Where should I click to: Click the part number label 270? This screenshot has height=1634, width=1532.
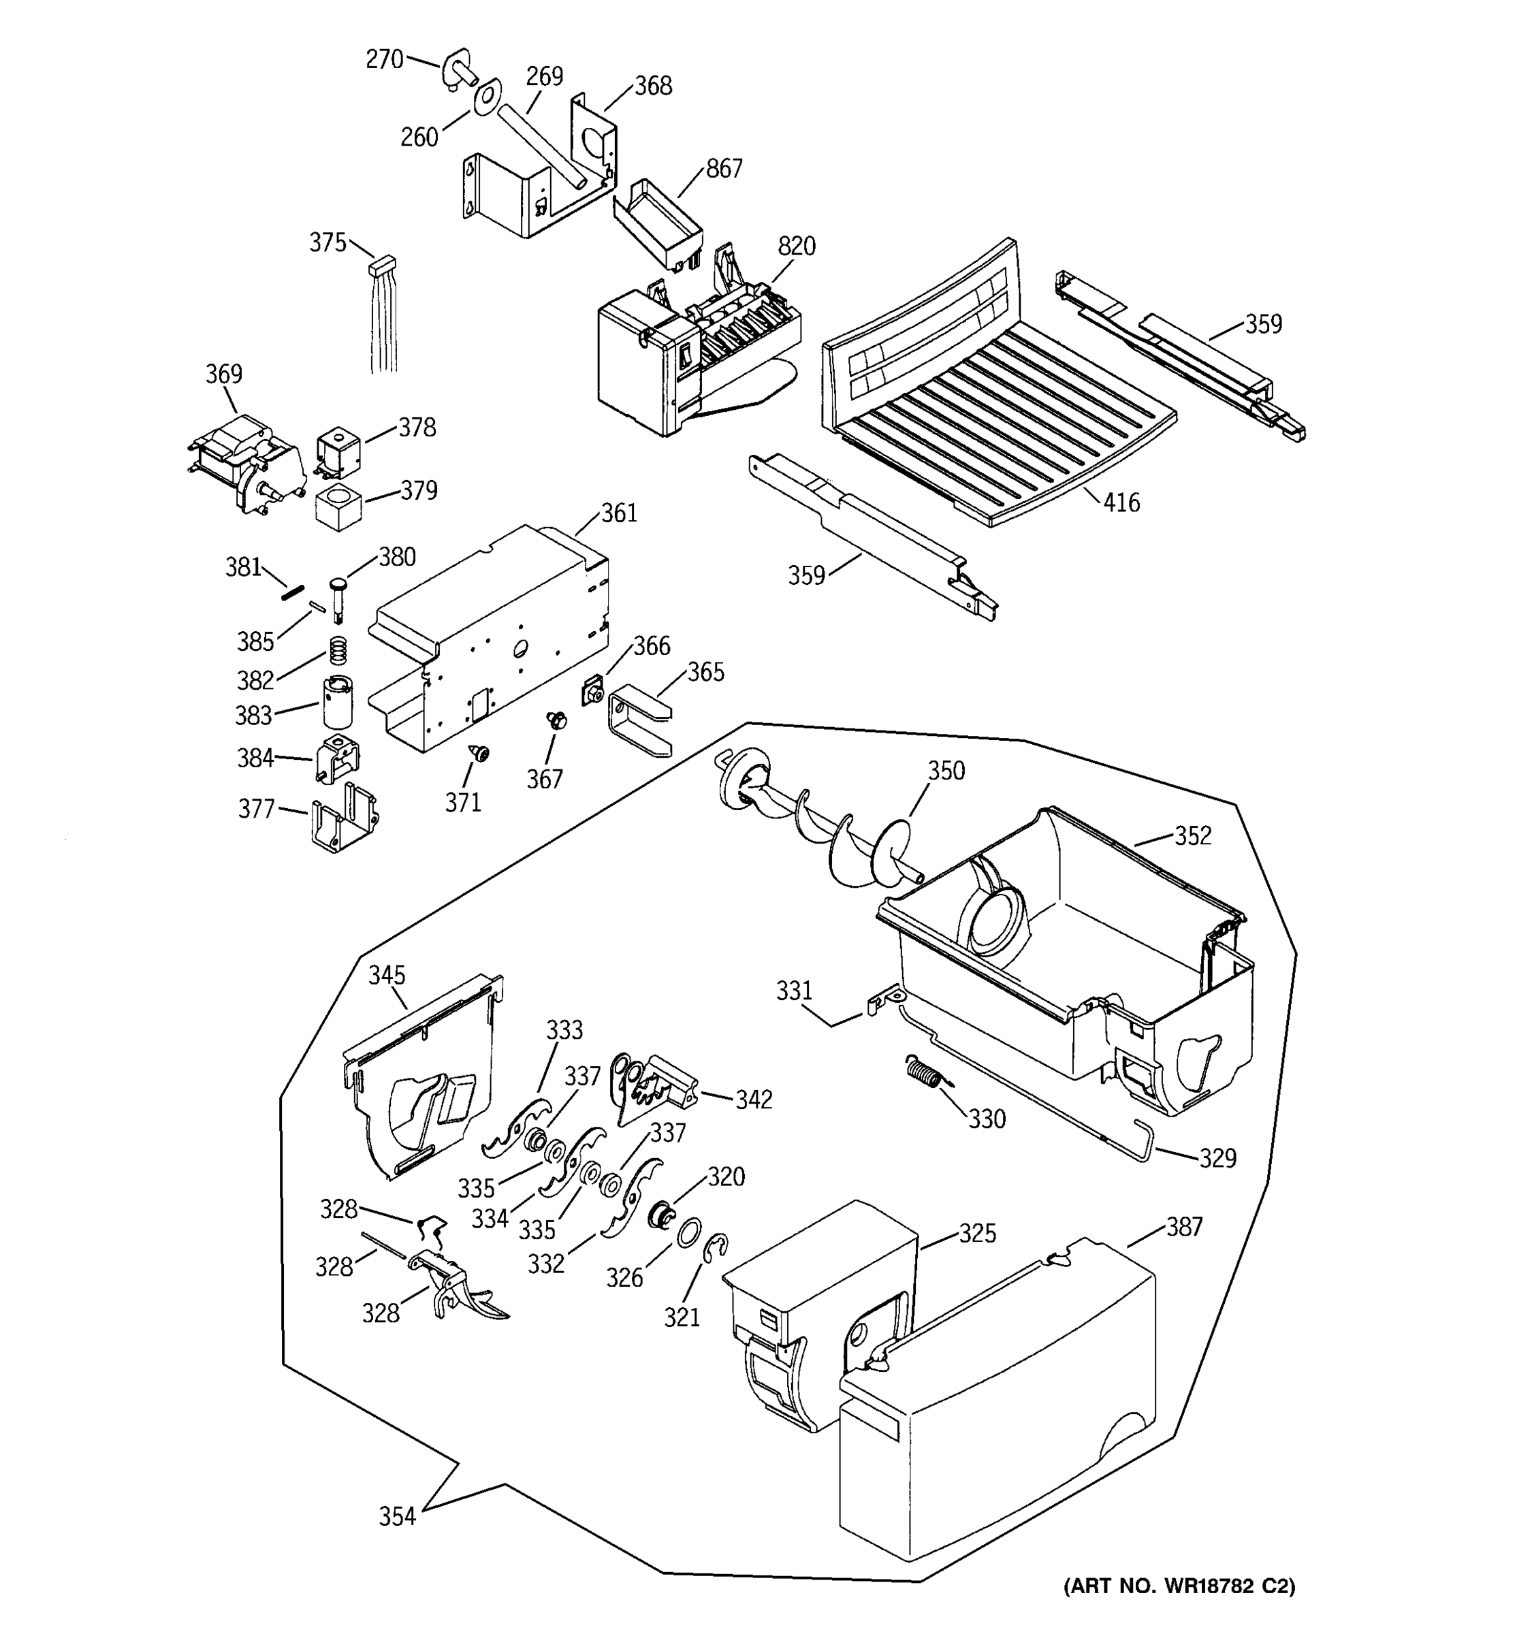384,59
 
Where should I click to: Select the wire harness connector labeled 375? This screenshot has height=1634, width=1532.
382,266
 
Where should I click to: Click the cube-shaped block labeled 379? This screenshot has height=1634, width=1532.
338,507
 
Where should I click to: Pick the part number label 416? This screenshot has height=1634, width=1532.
1121,502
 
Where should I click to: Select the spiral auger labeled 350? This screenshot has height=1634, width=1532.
822,830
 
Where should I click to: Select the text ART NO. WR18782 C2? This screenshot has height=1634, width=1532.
1179,1586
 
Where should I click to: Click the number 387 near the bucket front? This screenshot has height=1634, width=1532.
1183,1226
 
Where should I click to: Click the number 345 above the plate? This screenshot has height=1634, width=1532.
386,975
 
